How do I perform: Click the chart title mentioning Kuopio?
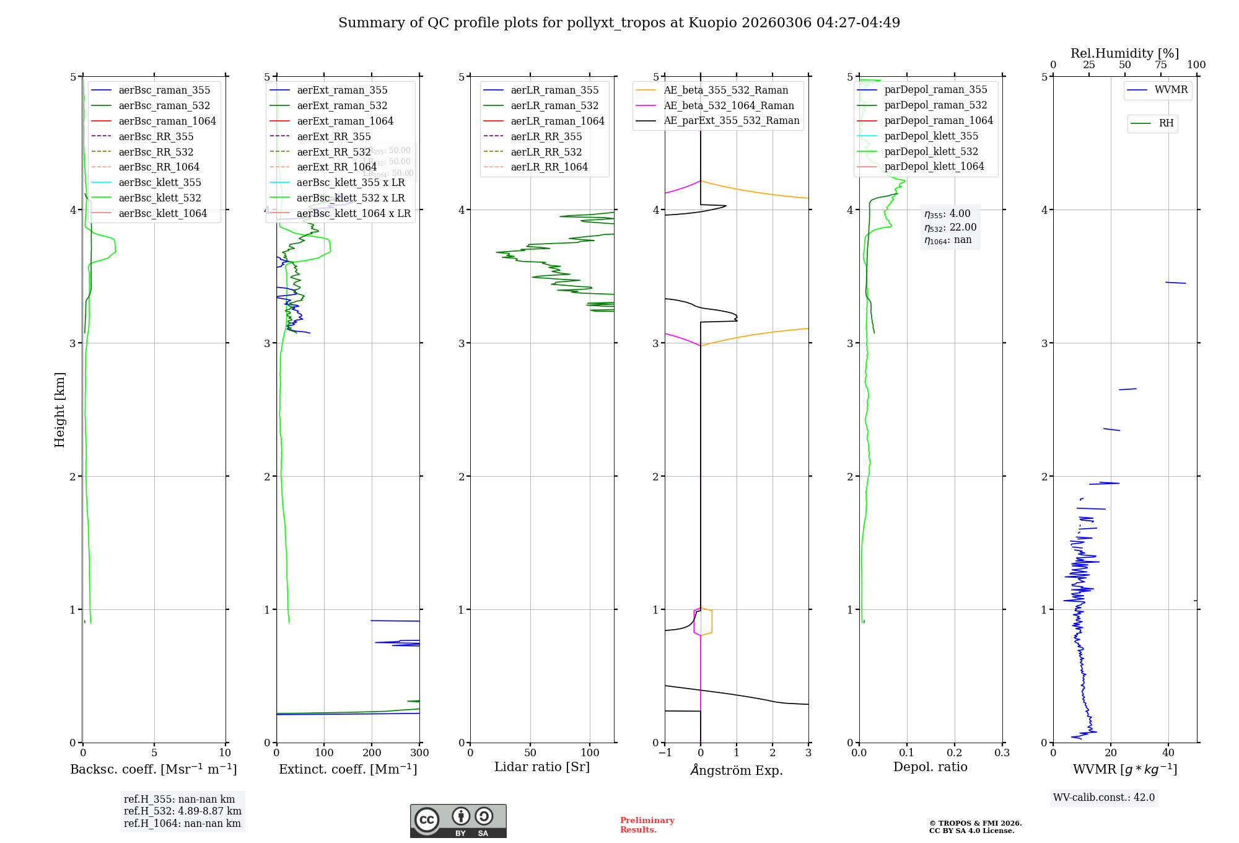pos(619,23)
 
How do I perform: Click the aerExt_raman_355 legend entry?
pos(342,90)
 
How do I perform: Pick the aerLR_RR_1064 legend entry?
pos(549,167)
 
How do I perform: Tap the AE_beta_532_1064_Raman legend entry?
pos(729,106)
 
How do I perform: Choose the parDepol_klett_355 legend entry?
pos(931,136)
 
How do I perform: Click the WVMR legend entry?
pos(1171,90)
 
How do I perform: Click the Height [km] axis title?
pos(59,410)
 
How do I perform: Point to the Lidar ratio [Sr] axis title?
pos(542,767)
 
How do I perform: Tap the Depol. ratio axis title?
pos(930,767)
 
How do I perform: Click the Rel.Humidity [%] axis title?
pos(1125,53)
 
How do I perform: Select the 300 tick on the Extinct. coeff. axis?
pos(419,753)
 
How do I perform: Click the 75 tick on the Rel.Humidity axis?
pos(1161,65)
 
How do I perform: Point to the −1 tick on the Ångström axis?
pos(665,753)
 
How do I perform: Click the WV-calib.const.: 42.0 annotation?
pos(1104,798)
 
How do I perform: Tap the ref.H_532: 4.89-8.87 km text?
pos(183,811)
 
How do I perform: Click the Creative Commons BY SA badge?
pos(458,821)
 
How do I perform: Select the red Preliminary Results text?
pos(647,825)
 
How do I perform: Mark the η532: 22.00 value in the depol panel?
pos(950,227)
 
